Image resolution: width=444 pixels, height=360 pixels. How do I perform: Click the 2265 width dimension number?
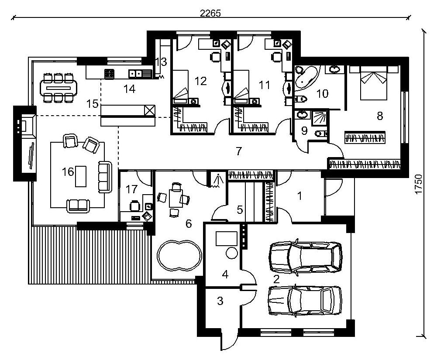210,13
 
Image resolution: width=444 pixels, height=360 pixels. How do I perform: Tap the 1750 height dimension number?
418,184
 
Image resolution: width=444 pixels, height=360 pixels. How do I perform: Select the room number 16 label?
68,171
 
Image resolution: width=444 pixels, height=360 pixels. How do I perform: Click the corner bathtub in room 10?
306,77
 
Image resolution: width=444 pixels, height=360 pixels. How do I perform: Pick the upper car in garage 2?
305,257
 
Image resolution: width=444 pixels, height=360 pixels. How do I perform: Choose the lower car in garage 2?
305,300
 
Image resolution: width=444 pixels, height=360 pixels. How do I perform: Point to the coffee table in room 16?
81,176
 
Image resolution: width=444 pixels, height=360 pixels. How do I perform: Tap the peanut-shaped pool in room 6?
179,256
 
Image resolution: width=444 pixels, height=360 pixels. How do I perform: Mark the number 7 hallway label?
239,151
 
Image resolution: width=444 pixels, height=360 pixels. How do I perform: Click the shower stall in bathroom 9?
320,118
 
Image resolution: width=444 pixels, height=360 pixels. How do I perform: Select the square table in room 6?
176,199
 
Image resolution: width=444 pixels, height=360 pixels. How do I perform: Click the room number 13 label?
162,62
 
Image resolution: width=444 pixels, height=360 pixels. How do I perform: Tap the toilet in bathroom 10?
301,99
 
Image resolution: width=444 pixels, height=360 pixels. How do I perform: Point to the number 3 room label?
220,301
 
